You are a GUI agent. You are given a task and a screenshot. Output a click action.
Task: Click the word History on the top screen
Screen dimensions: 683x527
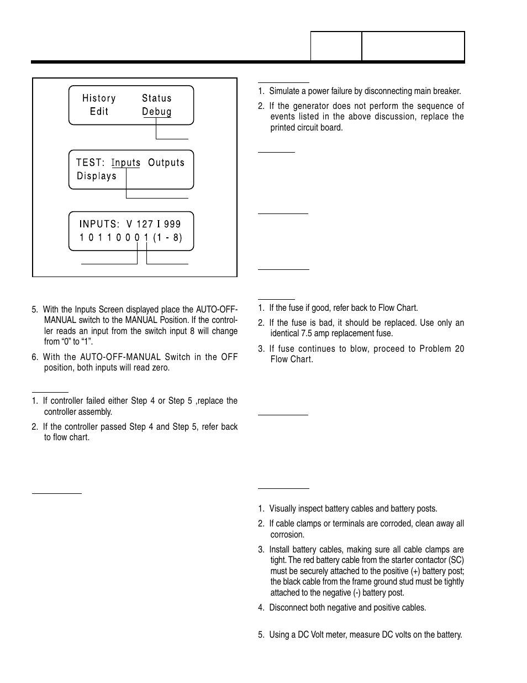click(99, 98)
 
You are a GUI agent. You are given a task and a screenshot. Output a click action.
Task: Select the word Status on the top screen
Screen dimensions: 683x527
click(157, 98)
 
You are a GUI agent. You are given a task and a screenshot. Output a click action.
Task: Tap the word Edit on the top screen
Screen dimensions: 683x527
click(99, 112)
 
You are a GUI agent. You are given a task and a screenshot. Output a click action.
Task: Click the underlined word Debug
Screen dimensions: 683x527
click(157, 112)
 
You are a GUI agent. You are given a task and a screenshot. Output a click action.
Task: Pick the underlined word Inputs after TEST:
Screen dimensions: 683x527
click(126, 163)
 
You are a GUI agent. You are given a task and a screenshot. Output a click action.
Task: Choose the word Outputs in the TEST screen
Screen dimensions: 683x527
click(166, 163)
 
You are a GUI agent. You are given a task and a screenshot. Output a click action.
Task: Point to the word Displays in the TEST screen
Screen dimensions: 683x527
click(97, 176)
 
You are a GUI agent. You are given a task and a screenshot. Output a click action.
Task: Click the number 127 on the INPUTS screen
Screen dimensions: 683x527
click(145, 225)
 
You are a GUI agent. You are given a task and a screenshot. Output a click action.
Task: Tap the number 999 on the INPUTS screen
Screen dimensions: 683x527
click(172, 225)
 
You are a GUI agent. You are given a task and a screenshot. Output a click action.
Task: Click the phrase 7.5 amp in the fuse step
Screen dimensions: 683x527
click(310, 333)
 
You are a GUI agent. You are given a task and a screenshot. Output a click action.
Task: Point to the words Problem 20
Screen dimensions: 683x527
click(442, 349)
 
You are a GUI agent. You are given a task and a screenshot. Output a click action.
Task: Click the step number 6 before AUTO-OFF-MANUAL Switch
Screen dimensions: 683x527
click(34, 357)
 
